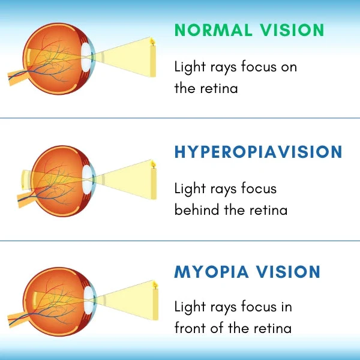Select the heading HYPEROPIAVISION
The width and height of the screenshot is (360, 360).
click(x=259, y=152)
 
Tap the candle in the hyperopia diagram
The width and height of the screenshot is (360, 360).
click(x=153, y=180)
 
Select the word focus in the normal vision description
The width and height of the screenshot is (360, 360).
click(x=258, y=67)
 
